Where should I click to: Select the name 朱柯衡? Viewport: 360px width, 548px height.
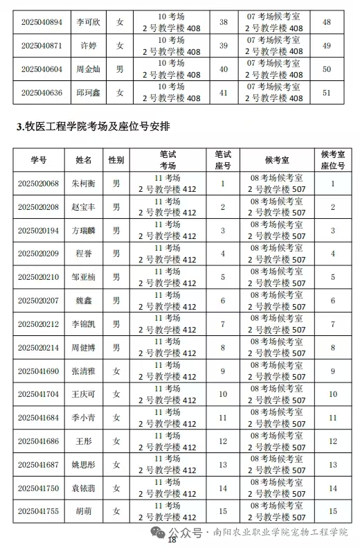[84, 184]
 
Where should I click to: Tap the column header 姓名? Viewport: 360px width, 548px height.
[84, 160]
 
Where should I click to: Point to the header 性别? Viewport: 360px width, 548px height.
[116, 160]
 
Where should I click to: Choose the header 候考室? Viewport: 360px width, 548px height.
[276, 160]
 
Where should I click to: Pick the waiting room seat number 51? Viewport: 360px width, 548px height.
[327, 92]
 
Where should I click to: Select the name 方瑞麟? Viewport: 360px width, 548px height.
[84, 230]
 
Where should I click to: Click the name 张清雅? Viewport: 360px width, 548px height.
[84, 371]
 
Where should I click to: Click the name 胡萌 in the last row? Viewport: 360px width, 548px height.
[84, 511]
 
